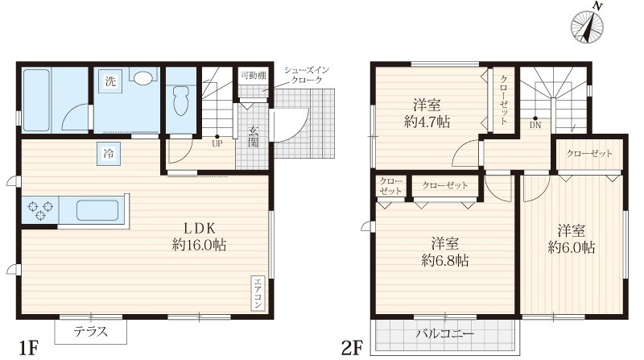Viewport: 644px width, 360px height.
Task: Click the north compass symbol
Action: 588,26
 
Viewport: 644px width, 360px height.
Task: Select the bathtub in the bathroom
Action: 36,101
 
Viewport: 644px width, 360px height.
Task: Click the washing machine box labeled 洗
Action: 110,81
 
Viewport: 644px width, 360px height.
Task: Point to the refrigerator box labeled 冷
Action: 109,154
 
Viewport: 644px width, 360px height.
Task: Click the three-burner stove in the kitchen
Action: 39,209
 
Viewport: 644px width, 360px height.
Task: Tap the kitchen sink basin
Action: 97,210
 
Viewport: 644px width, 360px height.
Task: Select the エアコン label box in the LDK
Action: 258,293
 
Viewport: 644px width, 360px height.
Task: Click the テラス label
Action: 90,331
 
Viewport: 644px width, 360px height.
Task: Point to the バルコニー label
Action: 445,333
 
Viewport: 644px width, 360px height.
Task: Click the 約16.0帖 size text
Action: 199,246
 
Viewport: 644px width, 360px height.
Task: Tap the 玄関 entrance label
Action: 254,137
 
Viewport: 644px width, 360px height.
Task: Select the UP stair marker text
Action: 217,144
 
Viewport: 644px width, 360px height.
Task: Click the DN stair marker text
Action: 535,126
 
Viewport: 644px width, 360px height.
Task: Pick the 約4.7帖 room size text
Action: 427,122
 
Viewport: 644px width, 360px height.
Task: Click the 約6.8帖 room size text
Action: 445,261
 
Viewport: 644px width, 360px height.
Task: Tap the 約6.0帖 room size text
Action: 572,247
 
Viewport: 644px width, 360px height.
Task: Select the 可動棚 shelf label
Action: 254,76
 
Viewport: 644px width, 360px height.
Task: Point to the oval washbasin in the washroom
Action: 143,78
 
